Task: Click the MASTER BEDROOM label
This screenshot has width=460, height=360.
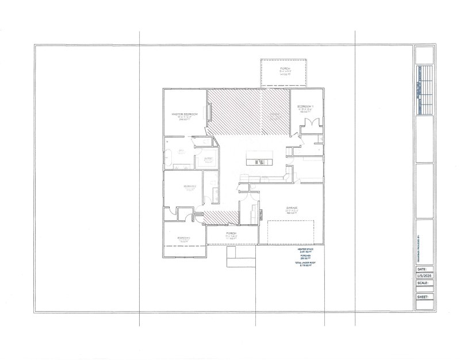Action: (x=185, y=114)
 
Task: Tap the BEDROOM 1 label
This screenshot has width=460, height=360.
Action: (x=305, y=107)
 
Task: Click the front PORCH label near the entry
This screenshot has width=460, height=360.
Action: (x=231, y=233)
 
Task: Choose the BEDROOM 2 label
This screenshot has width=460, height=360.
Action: (x=190, y=186)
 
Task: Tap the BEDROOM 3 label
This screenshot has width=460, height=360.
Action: (x=184, y=237)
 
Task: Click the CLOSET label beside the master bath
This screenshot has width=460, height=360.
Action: (x=208, y=159)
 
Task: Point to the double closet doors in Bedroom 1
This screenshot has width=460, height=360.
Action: (x=310, y=124)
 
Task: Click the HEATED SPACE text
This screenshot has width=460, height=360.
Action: (x=305, y=250)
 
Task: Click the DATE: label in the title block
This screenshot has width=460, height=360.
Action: (x=421, y=269)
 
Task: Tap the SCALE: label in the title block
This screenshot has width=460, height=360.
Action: (x=423, y=283)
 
